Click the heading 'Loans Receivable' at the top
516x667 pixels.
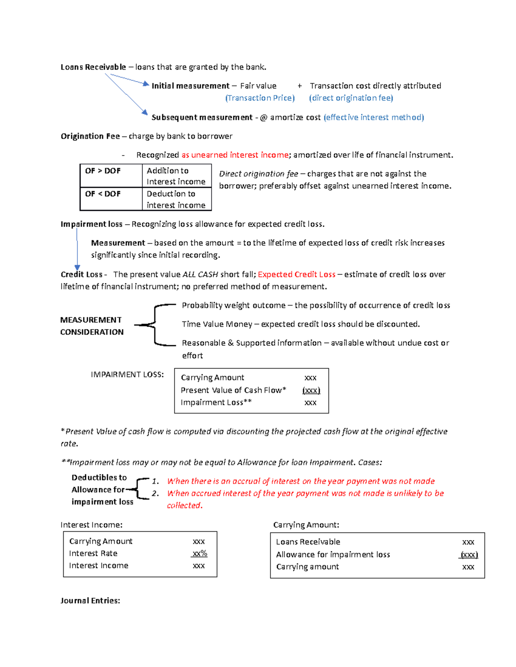point(93,67)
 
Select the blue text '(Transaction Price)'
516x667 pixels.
point(260,98)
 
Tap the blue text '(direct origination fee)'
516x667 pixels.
point(351,98)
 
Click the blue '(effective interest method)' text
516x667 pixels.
point(374,117)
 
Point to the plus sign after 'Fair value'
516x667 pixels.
point(299,86)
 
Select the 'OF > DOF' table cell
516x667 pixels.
point(103,171)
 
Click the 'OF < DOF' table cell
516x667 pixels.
point(103,194)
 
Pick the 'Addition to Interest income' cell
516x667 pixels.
point(176,176)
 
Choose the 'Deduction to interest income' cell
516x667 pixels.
point(176,199)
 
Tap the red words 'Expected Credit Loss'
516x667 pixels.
point(296,274)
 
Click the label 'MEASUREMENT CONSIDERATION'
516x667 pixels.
point(92,326)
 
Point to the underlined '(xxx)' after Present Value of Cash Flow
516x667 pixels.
point(311,390)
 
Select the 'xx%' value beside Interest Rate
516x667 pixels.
point(199,554)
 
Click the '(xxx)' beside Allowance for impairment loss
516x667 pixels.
point(469,554)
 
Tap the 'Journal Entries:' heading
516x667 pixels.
point(90,600)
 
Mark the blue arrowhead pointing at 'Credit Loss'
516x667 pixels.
point(77,268)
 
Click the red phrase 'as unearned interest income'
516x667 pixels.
point(235,155)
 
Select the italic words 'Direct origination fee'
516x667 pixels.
point(258,174)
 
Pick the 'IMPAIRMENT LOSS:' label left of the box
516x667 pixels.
point(127,375)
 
